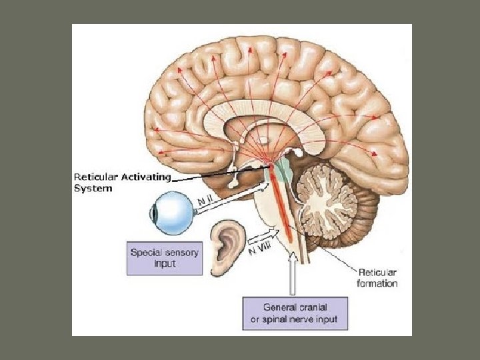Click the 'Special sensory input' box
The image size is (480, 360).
click(x=164, y=258)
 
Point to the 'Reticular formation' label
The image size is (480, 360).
click(x=378, y=278)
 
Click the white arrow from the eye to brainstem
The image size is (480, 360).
click(x=233, y=197)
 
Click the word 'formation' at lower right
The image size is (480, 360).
click(x=378, y=283)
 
